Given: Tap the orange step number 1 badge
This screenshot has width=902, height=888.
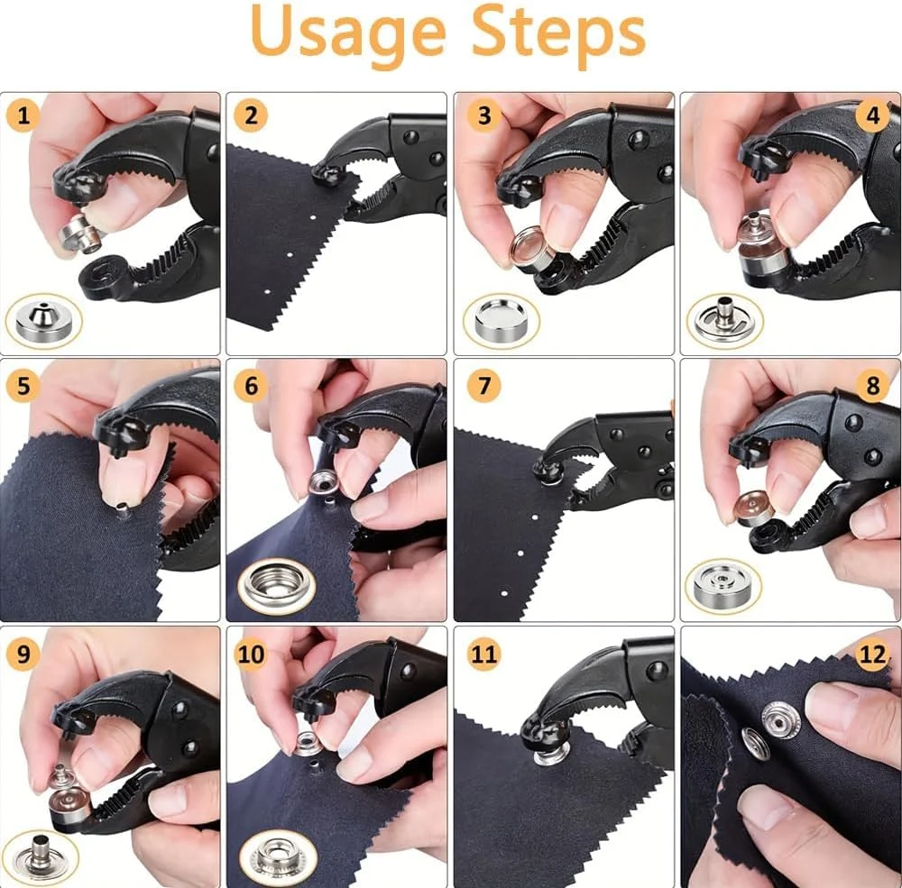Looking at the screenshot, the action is pos(23,116).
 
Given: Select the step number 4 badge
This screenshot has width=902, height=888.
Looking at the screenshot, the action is pos(872,116).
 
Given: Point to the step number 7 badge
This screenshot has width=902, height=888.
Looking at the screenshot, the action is pos(483,385).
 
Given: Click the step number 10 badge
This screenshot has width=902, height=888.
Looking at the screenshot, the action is pos(251,654).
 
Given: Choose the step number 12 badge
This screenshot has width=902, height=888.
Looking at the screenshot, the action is pos(872,654).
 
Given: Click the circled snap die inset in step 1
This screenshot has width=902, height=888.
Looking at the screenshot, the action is pos(43,322).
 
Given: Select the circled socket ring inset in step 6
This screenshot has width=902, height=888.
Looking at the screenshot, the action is pos(277,586).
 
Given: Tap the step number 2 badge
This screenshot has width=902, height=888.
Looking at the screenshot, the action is pos(251,116).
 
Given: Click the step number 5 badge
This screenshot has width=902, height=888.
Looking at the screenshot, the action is pos(23,385).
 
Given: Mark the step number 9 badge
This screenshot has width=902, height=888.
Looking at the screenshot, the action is pos(23,654).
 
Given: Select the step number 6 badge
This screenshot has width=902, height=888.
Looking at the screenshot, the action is pos(251,385).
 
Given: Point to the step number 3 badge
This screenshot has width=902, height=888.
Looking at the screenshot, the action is pos(483,116).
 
